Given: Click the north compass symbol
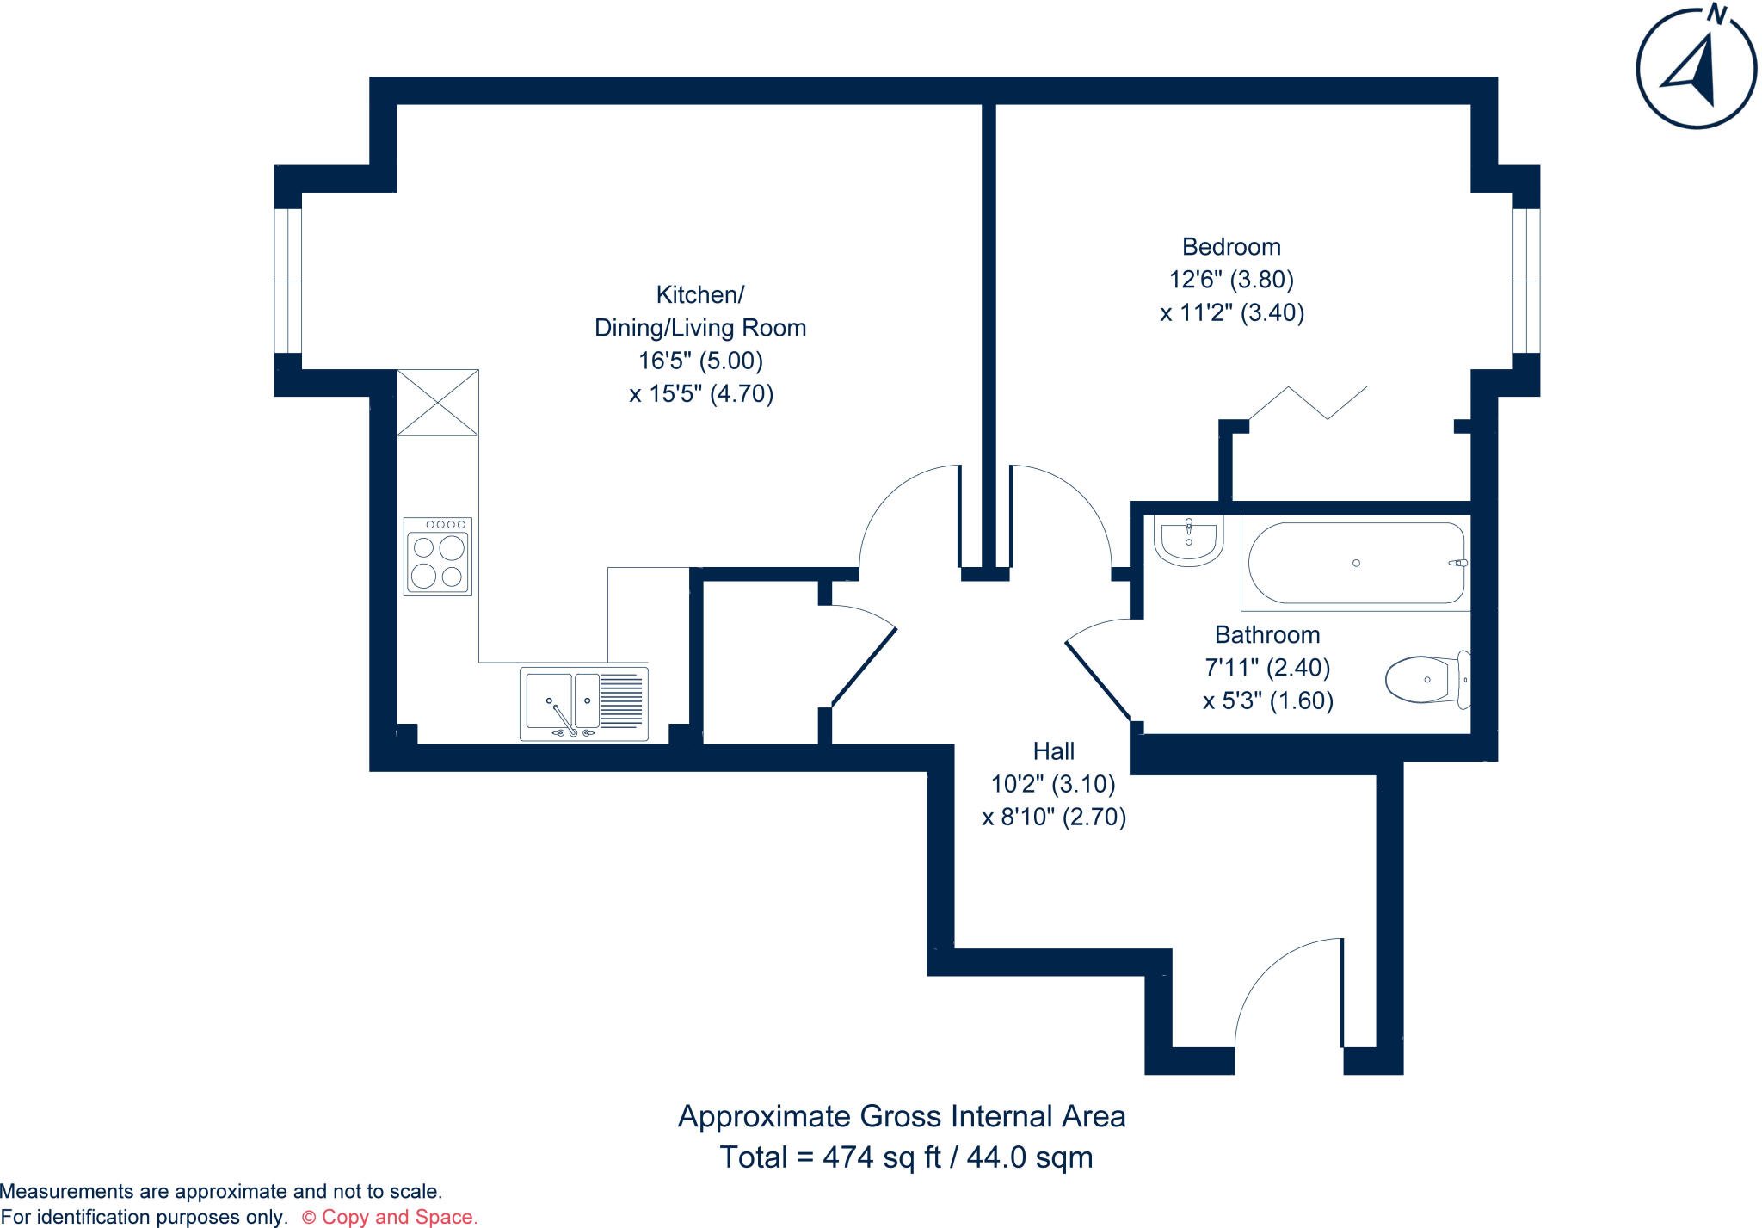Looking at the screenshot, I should (x=1696, y=68).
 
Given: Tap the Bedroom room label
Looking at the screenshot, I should (x=1231, y=247).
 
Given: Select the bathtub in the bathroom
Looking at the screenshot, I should (x=1355, y=563).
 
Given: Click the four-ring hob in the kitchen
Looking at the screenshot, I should (x=438, y=557).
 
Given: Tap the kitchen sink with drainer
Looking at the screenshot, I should (x=584, y=703).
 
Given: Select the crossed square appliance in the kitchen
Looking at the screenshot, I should (x=438, y=402).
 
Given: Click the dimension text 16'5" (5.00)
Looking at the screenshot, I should (x=700, y=361).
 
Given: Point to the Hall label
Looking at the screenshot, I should (x=1053, y=751).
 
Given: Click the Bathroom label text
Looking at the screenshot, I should (x=1266, y=635).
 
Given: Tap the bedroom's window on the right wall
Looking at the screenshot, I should (x=1525, y=281).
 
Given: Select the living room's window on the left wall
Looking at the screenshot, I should (x=288, y=281).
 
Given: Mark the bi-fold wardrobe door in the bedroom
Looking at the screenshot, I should (x=1308, y=403).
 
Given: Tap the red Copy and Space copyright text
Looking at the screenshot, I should (x=390, y=1217).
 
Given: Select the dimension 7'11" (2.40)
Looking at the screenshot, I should (x=1267, y=668).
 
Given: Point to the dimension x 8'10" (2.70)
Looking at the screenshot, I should (x=1054, y=817).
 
